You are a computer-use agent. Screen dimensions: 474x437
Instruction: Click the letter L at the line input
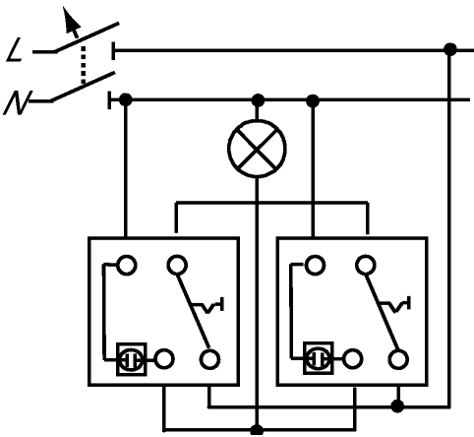(x=14, y=50)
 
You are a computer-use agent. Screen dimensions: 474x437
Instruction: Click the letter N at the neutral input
(x=17, y=102)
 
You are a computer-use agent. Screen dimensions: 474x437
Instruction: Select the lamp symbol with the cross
(x=257, y=149)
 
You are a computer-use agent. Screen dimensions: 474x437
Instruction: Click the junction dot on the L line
(x=450, y=49)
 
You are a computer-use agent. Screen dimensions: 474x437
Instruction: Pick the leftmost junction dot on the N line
(x=125, y=99)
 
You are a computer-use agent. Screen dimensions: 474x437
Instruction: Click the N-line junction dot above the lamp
(x=258, y=100)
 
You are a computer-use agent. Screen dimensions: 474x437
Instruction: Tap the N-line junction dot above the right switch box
(x=313, y=100)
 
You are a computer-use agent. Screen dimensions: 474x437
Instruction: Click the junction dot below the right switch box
(x=397, y=406)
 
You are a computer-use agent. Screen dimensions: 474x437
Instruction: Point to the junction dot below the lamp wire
(x=257, y=430)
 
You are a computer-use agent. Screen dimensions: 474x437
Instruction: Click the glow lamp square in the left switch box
(x=132, y=359)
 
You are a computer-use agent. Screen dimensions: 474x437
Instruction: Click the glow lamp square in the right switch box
(x=318, y=358)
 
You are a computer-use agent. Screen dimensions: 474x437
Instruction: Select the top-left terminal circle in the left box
(x=127, y=265)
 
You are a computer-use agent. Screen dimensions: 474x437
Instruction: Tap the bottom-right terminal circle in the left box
(x=209, y=359)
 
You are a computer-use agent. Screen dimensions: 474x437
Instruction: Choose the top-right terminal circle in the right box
(x=366, y=265)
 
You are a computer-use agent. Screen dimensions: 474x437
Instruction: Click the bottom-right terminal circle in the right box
(x=398, y=359)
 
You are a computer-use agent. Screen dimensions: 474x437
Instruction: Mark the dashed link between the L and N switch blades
(x=84, y=65)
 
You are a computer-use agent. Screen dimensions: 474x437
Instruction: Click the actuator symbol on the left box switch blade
(x=207, y=305)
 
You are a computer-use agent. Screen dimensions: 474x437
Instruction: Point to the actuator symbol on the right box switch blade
(x=395, y=304)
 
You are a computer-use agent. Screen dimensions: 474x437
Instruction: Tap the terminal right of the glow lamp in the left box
(x=164, y=359)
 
